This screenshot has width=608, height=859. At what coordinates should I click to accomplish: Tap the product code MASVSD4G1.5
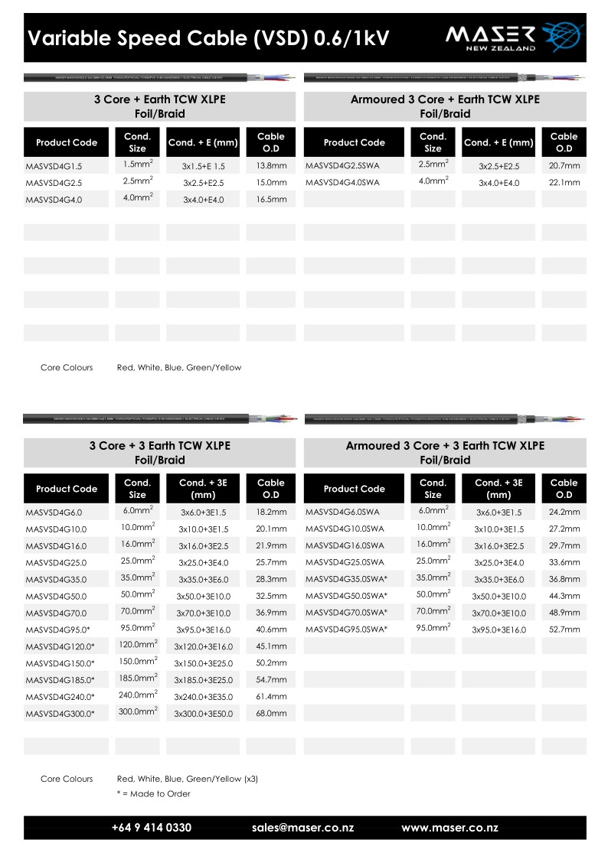(54, 166)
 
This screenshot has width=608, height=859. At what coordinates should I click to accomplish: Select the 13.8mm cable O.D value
(271, 166)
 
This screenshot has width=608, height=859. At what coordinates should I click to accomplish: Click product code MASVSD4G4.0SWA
(342, 183)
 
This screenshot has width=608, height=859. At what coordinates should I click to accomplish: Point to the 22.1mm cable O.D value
(564, 183)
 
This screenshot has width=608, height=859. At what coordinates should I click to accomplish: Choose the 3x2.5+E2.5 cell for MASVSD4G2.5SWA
(498, 166)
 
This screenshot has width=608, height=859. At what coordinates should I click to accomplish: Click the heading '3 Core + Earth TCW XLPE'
(160, 99)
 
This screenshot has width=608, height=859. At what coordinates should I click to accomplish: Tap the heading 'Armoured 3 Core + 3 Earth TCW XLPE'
(445, 446)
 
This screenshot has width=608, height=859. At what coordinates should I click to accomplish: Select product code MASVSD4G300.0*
(60, 714)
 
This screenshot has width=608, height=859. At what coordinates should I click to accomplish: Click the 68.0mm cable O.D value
(271, 714)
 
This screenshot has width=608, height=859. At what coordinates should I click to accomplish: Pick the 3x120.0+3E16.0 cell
(203, 646)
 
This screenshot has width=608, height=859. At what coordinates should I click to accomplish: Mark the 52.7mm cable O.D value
(564, 630)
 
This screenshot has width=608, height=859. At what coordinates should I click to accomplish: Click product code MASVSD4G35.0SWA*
(346, 579)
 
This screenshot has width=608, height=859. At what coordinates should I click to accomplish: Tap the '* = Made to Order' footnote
(153, 794)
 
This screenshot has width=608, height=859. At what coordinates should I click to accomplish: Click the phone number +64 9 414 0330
(152, 828)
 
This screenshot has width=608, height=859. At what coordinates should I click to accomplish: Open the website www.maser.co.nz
(449, 828)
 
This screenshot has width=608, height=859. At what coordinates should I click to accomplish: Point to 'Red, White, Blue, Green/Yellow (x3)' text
(187, 779)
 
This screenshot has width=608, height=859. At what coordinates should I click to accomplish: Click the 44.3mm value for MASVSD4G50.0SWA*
(564, 596)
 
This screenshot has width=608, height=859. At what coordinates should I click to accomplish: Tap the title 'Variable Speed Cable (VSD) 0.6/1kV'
(208, 39)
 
